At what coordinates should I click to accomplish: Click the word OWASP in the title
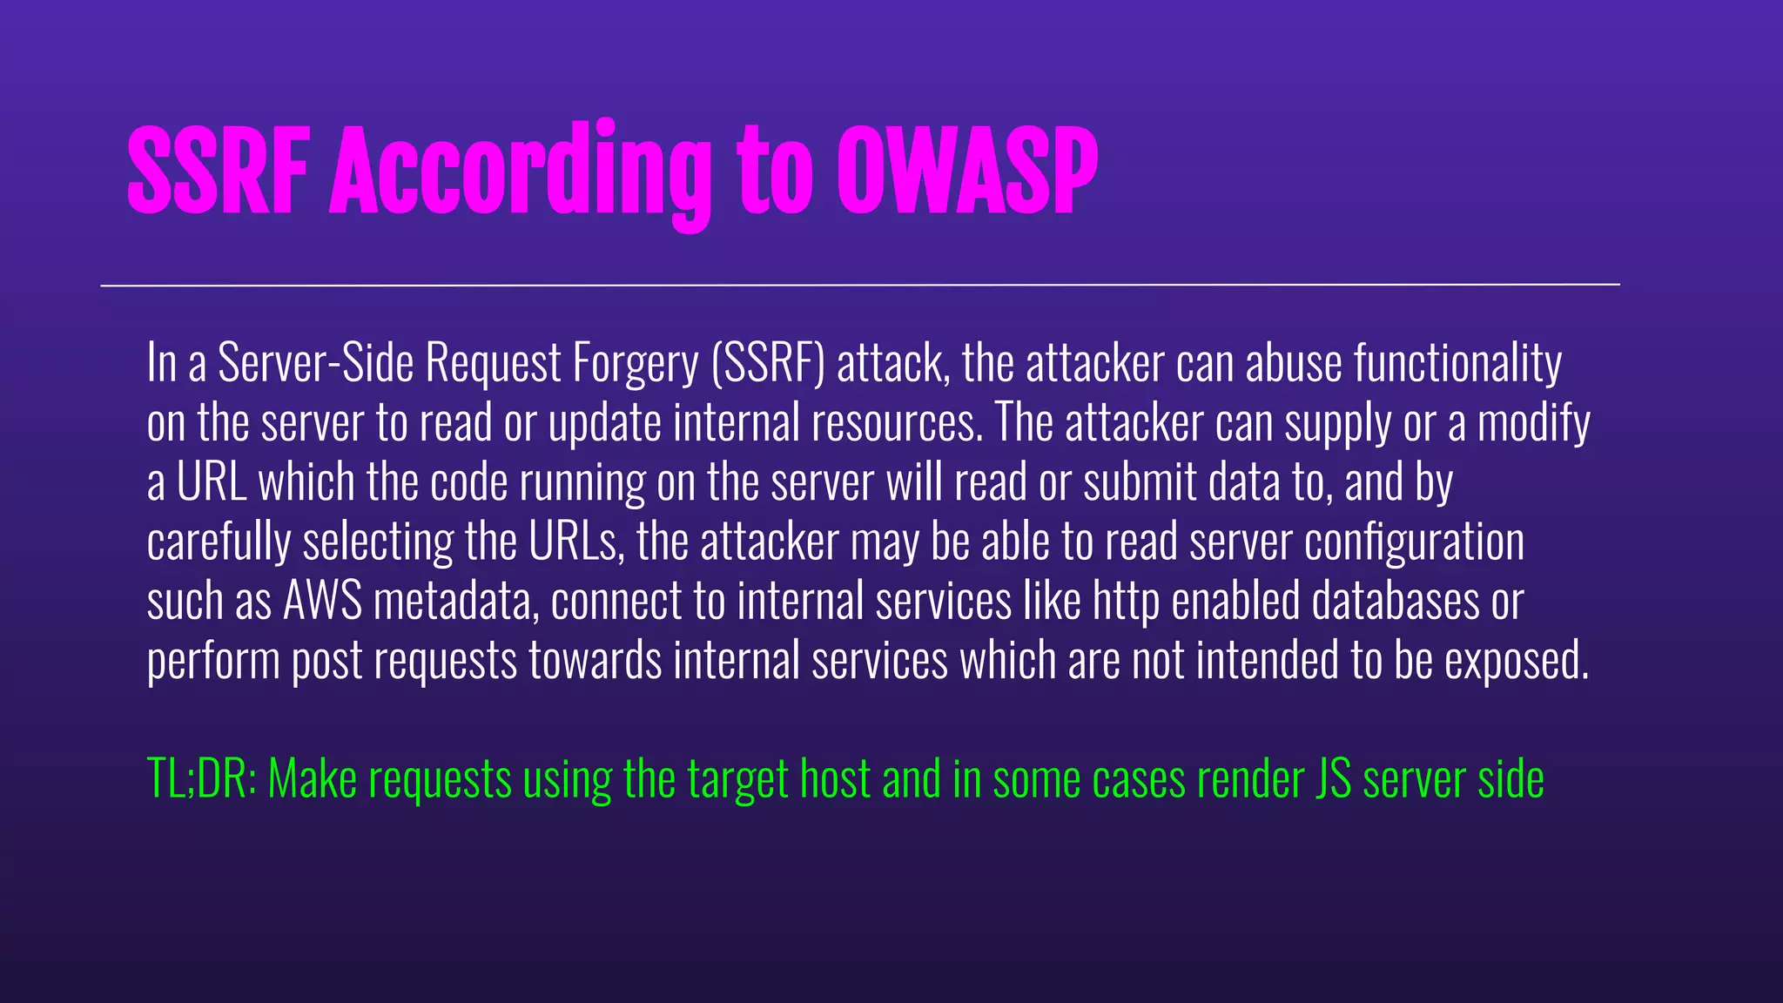[967, 171]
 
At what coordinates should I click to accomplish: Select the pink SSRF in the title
[219, 171]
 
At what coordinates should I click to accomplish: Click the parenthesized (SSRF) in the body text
[768, 363]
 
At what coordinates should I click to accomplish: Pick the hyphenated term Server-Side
[315, 363]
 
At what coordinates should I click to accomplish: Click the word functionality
[1458, 365]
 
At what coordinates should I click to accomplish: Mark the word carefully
[219, 543]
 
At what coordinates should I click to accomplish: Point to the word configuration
[1415, 543]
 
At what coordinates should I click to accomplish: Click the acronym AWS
[322, 602]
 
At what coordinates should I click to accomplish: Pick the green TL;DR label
[201, 778]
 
